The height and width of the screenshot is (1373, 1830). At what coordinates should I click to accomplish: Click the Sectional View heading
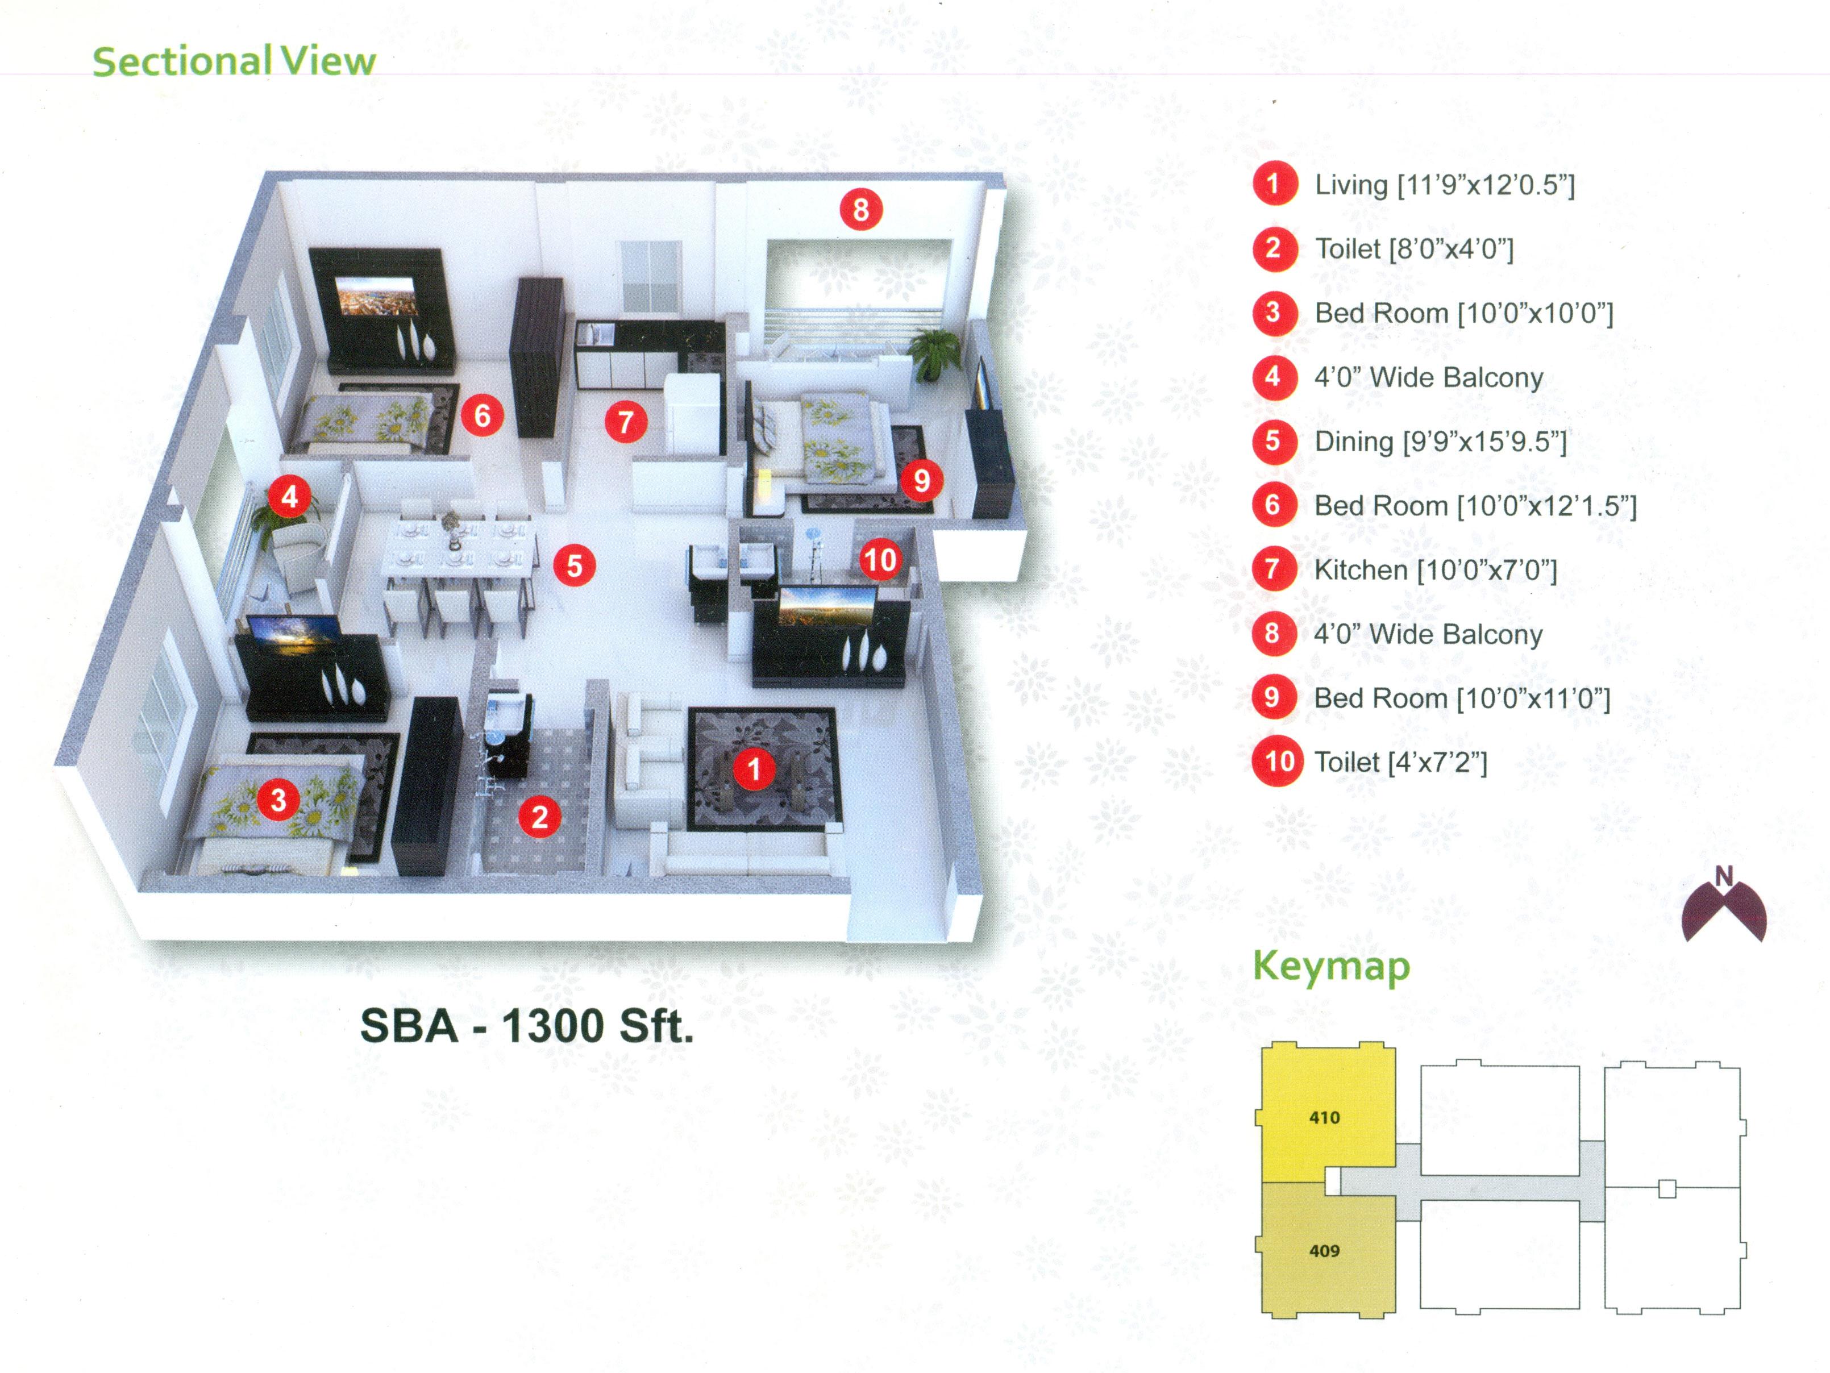pos(234,61)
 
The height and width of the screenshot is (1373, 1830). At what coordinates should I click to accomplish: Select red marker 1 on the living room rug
pos(754,768)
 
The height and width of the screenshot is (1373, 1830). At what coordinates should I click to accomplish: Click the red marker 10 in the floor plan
pos(879,560)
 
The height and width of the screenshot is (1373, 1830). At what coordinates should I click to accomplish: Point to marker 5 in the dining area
pos(574,566)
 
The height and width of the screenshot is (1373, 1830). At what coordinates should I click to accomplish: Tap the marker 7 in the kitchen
pos(626,422)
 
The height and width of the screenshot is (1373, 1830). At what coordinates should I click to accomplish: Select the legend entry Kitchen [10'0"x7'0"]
pos(1436,570)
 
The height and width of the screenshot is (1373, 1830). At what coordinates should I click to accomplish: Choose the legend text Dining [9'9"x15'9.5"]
pos(1440,442)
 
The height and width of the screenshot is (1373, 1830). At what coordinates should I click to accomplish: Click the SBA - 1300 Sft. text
pos(527,1026)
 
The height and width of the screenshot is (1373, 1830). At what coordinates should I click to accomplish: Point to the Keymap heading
pos(1331,966)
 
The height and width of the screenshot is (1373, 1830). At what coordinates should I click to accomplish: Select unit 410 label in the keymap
pos(1325,1117)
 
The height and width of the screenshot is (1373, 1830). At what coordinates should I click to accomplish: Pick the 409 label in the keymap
pos(1325,1251)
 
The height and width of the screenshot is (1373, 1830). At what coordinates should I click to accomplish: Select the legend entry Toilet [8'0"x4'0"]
pos(1414,249)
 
